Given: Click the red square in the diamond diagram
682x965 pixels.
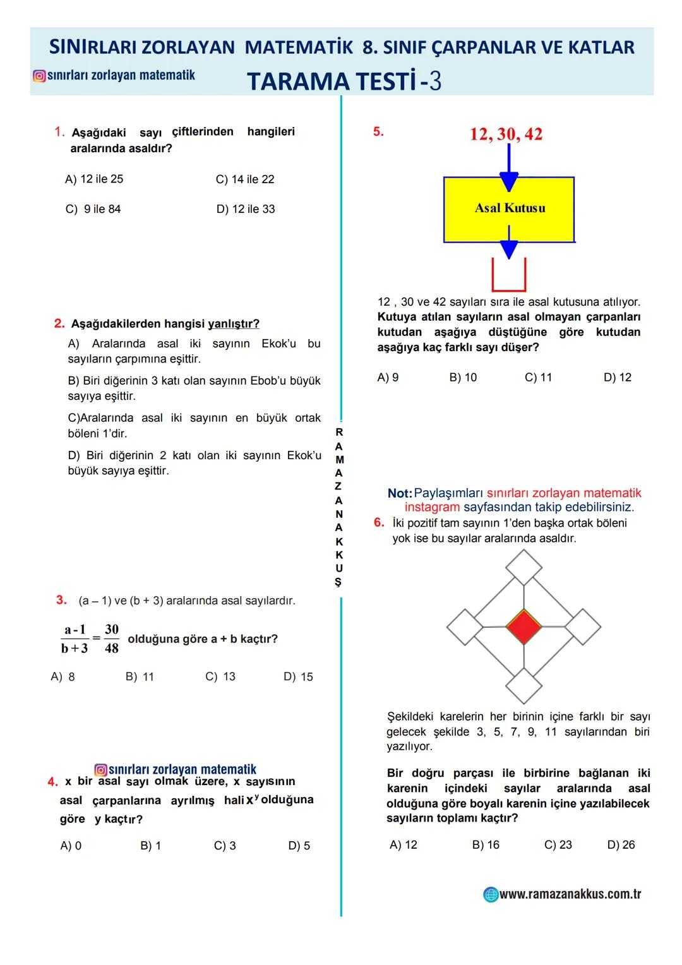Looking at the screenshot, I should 524,626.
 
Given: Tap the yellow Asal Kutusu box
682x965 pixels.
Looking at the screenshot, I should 509,208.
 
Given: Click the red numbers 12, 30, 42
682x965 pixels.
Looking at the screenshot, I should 506,134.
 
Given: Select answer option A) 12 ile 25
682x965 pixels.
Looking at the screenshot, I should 94,179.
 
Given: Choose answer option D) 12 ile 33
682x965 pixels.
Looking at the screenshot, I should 246,209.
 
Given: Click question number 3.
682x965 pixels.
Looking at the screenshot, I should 61,600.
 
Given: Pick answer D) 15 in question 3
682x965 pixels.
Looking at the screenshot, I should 298,677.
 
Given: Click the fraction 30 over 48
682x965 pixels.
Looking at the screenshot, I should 112,638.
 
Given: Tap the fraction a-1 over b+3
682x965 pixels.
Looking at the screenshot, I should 75,638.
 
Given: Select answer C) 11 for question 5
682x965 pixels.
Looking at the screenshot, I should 538,378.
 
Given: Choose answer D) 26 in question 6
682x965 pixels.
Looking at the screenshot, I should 621,845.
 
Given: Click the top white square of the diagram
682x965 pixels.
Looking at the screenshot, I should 523,567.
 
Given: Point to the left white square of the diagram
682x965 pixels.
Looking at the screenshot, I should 465,627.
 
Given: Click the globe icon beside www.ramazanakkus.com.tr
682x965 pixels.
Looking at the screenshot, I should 491,894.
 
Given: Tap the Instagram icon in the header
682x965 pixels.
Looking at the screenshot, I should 39,76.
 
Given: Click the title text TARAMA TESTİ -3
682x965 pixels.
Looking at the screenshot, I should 344,81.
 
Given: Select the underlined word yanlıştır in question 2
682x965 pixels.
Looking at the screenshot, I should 233,324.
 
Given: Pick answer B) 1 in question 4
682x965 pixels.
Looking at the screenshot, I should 150,846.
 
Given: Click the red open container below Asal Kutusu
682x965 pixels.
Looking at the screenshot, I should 509,277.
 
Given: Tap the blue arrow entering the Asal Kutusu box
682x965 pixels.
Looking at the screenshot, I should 509,171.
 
